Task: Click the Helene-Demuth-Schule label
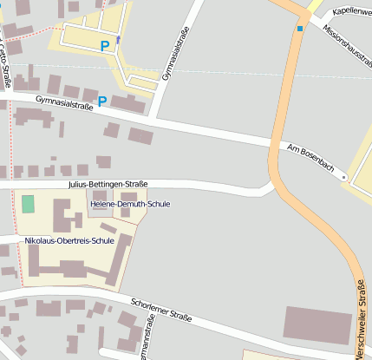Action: tap(136, 204)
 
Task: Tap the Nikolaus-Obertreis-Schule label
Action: tap(69, 240)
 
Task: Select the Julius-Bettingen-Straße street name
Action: tap(108, 185)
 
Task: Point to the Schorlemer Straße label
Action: tap(160, 308)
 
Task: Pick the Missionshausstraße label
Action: tap(345, 42)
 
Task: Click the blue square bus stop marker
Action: tap(300, 29)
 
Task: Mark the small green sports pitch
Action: tap(29, 204)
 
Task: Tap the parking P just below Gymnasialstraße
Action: tap(101, 101)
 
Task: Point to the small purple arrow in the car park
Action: tap(119, 40)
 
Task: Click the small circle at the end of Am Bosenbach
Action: tap(343, 177)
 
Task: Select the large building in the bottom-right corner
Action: tap(317, 323)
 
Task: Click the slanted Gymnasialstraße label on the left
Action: tap(64, 104)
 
